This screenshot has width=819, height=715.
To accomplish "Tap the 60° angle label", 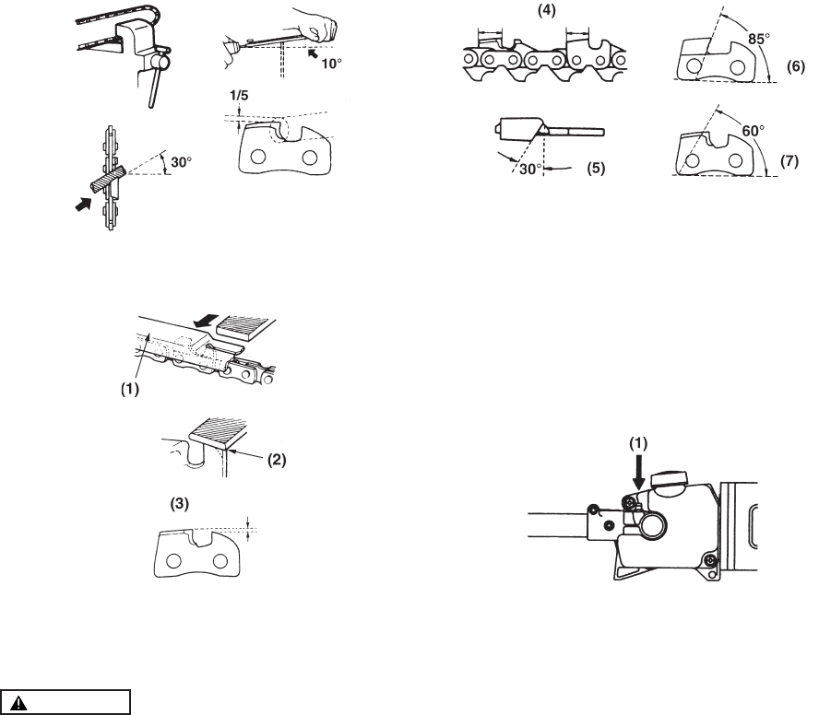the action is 754,131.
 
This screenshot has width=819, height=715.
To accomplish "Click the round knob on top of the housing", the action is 671,480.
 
